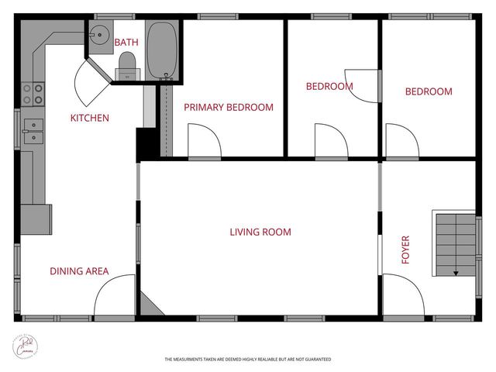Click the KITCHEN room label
pyautogui.click(x=90, y=119)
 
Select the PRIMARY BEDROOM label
pyautogui.click(x=228, y=108)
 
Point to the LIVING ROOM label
pyautogui.click(x=260, y=232)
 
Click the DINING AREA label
pyautogui.click(x=79, y=271)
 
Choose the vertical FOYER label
pyautogui.click(x=405, y=250)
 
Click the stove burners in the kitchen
pyautogui.click(x=32, y=94)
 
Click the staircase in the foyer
pyautogui.click(x=455, y=243)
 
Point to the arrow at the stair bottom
pyautogui.click(x=456, y=271)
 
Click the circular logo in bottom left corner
pyautogui.click(x=29, y=346)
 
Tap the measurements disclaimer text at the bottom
pyautogui.click(x=248, y=360)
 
